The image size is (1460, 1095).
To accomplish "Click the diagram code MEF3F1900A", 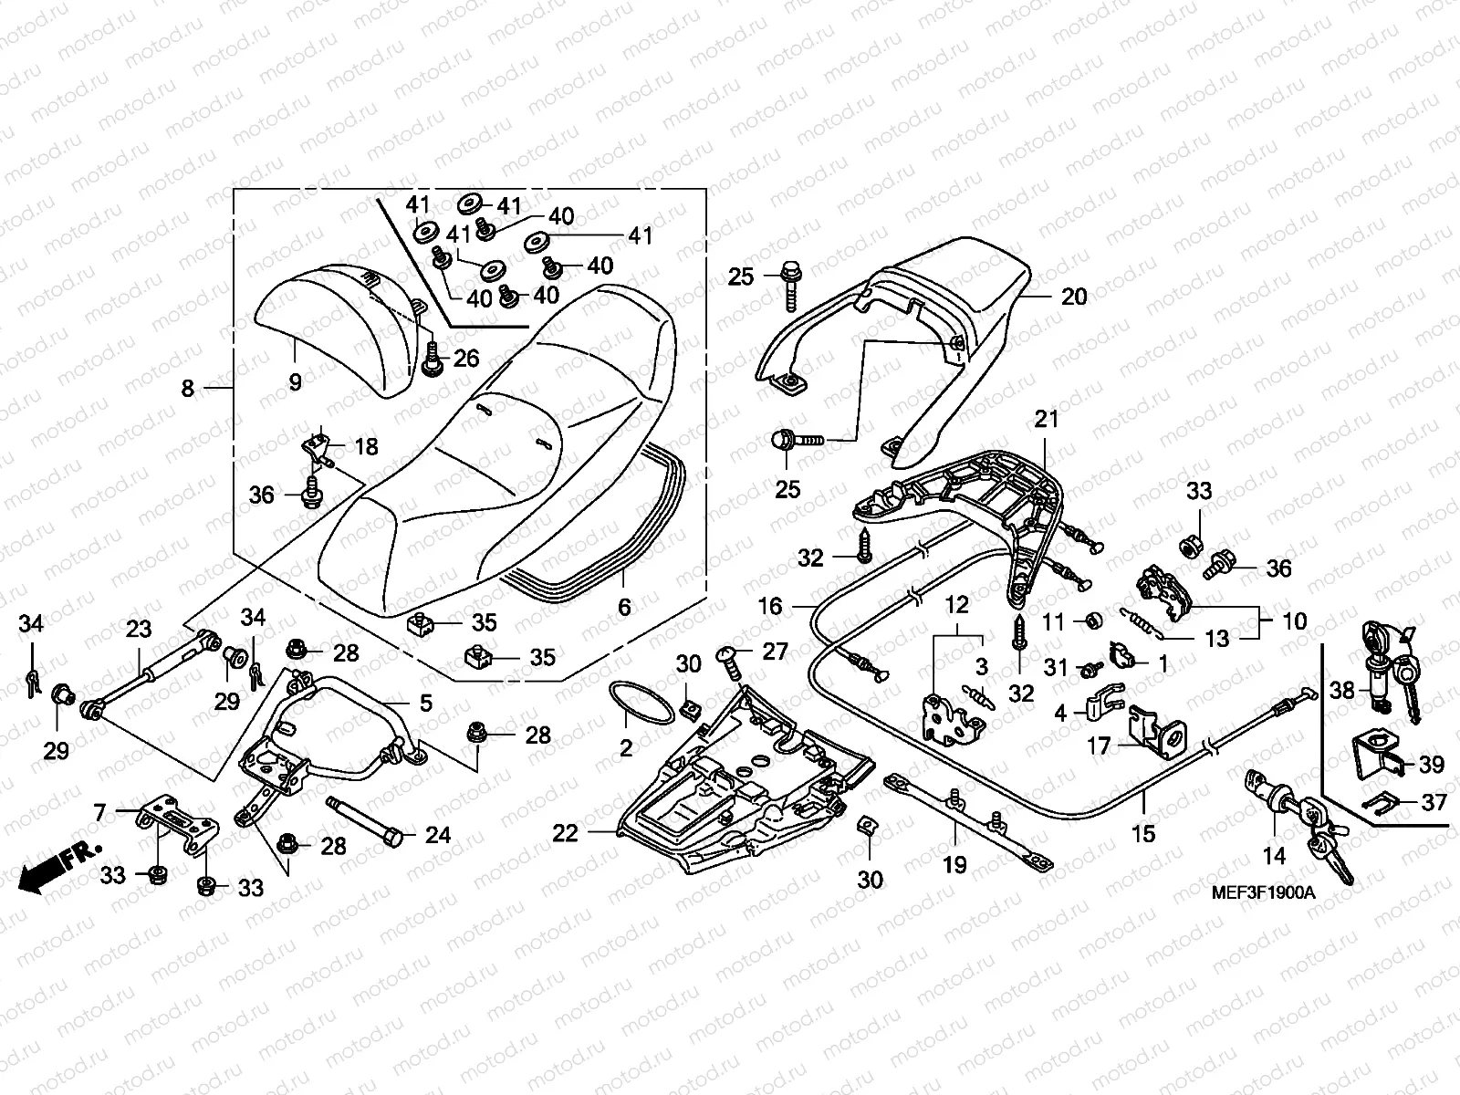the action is (1263, 892).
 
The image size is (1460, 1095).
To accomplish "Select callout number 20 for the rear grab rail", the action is (1073, 296).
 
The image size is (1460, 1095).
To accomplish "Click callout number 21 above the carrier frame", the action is (1047, 419).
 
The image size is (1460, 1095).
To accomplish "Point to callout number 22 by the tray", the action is (566, 833).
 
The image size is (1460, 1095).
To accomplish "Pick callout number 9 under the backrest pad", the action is (295, 381).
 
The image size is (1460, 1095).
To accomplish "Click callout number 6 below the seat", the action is (624, 606).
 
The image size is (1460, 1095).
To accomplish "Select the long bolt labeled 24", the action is (364, 822).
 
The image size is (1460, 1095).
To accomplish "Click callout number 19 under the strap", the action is (954, 865).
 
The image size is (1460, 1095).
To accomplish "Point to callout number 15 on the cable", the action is (1143, 833).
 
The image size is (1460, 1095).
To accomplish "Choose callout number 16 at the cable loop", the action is (770, 606).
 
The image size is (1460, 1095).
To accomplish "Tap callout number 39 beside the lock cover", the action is (1432, 764).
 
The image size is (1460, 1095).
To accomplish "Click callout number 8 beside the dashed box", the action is (188, 389).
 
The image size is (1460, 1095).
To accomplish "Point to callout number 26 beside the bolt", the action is (466, 359).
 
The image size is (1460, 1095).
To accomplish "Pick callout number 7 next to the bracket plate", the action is (99, 812).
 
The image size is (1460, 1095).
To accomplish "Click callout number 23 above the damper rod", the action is (139, 629).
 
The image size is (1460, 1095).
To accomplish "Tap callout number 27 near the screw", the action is (775, 652).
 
